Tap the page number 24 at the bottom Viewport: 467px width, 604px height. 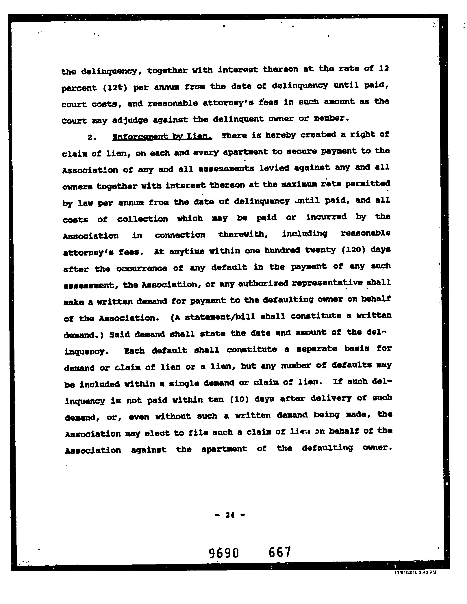230,515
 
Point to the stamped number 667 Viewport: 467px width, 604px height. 280,552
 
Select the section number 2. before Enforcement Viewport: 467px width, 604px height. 92,137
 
